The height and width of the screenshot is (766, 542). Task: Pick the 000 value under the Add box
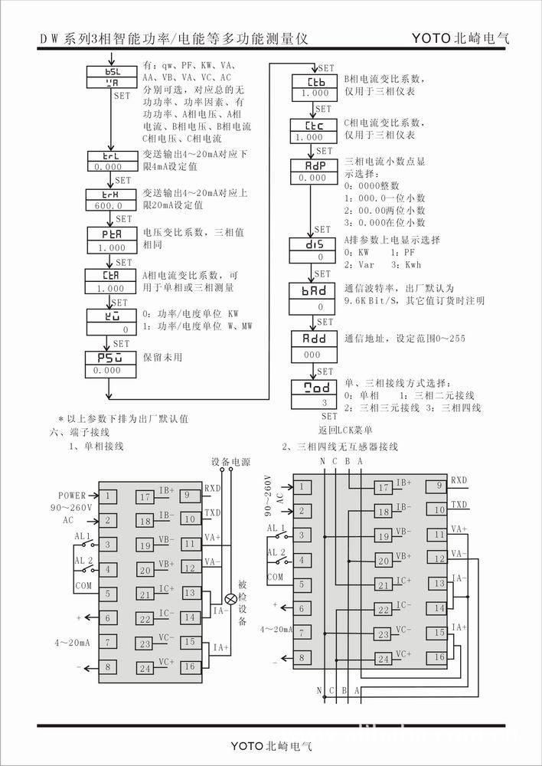312,355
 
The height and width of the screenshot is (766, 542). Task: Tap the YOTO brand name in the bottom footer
247,745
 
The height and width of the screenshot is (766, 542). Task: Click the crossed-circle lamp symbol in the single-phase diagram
228,597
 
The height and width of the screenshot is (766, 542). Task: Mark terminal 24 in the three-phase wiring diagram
383,659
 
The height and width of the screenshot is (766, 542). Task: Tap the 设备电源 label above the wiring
231,463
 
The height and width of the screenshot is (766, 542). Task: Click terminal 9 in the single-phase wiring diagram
188,496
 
